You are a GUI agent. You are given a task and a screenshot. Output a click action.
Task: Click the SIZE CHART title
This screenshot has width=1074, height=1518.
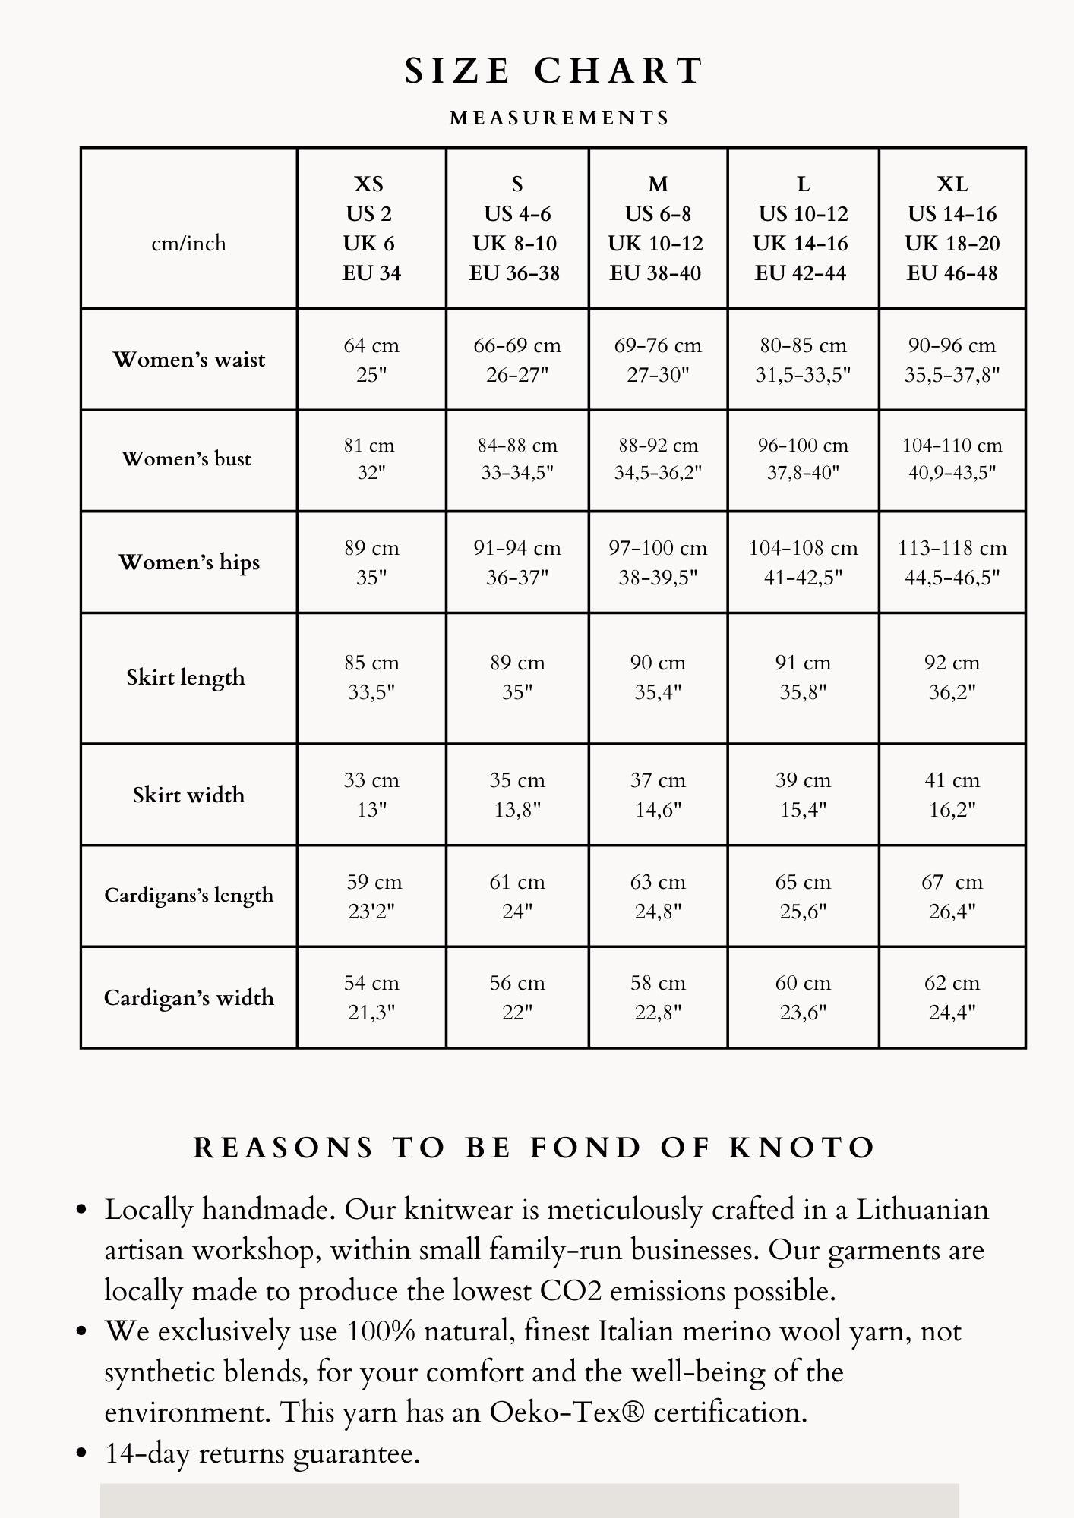tap(554, 71)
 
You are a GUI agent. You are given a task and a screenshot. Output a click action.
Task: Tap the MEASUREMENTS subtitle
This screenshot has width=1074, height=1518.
tap(560, 118)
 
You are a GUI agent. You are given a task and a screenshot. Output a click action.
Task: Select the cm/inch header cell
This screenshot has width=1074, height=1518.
tap(188, 244)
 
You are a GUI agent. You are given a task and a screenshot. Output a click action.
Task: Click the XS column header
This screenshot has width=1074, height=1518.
tap(371, 228)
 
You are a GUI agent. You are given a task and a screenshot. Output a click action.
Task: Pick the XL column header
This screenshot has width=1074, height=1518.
tap(952, 228)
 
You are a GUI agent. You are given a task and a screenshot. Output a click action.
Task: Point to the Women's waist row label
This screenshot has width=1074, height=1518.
tap(188, 360)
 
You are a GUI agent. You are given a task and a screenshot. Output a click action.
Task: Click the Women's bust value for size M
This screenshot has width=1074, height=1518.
tap(658, 458)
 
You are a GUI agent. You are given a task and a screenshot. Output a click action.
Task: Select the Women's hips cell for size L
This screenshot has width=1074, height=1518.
tap(803, 562)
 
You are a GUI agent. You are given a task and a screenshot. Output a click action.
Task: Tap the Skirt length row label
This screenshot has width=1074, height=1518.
tap(186, 677)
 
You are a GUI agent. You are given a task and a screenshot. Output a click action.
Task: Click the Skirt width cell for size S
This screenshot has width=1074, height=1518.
tap(517, 795)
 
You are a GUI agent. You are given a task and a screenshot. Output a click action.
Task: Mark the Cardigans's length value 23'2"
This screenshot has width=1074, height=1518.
tap(371, 911)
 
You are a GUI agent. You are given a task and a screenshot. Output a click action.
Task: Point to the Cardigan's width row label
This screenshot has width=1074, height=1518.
tap(188, 997)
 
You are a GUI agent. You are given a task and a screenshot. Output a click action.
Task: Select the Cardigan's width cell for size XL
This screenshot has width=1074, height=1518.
tap(952, 997)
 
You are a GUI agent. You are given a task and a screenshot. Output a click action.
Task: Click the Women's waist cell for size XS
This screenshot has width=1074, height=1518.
tap(371, 360)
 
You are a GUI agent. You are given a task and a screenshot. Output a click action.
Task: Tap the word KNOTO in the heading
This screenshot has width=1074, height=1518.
tap(802, 1148)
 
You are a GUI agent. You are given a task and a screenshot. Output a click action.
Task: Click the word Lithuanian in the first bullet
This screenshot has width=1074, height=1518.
tap(922, 1210)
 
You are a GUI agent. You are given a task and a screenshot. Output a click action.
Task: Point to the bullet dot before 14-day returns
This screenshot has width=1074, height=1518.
tap(83, 1453)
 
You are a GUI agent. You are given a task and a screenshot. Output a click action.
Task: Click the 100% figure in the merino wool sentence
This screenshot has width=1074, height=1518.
tap(381, 1331)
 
